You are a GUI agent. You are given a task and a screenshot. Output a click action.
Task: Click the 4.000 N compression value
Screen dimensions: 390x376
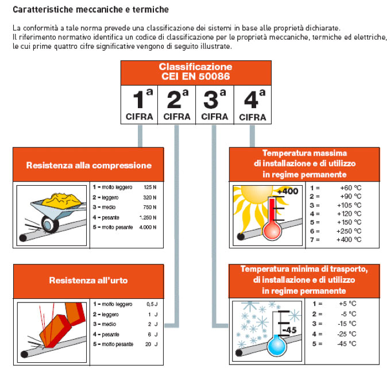pos(148,227)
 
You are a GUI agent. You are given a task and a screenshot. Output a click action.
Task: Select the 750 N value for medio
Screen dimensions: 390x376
pos(150,208)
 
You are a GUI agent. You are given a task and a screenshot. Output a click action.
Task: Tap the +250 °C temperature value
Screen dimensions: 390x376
pos(349,231)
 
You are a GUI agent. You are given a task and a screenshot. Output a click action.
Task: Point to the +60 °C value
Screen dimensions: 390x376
pos(351,188)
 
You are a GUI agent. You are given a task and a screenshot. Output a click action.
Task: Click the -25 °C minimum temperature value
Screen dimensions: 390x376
pos(347,334)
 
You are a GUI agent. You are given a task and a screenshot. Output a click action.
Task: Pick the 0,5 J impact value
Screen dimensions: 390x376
pos(152,304)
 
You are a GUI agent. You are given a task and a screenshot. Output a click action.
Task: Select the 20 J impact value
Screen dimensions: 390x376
pos(152,344)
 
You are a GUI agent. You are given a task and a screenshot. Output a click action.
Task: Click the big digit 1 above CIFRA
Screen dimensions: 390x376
pos(138,99)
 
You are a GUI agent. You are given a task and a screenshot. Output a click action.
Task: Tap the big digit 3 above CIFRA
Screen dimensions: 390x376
pos(211,99)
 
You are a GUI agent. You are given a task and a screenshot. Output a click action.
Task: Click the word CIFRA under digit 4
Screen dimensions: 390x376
pos(253,117)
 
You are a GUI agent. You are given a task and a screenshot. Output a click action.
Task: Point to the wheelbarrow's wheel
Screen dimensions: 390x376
pos(50,224)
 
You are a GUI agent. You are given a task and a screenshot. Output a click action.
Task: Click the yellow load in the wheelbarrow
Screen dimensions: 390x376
pos(61,199)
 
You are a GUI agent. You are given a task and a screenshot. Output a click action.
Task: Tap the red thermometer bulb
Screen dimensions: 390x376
pos(272,231)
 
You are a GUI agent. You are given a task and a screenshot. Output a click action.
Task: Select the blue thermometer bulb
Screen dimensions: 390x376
pos(277,345)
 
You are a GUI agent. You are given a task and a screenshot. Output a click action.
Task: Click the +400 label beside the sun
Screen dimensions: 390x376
pos(288,191)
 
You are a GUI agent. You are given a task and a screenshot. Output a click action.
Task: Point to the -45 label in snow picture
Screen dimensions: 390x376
pos(289,330)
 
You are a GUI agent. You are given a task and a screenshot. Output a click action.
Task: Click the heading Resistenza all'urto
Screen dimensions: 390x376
pos(88,281)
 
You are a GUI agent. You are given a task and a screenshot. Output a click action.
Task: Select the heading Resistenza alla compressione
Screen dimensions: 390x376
pos(89,166)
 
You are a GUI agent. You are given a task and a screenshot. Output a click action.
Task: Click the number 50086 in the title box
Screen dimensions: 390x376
pos(214,76)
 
